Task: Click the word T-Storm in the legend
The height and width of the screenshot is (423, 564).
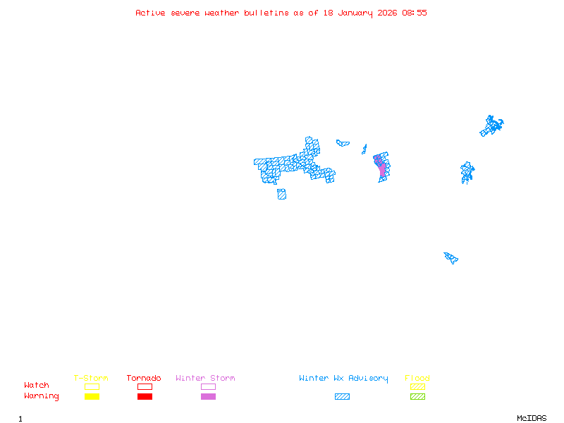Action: point(91,379)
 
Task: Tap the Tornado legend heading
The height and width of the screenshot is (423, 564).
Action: point(144,379)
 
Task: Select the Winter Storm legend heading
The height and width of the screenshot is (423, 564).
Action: point(205,379)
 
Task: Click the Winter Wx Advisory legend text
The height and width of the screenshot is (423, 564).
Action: point(343,379)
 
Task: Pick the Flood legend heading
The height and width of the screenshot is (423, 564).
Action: point(417,379)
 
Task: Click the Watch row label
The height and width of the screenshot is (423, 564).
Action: point(37,386)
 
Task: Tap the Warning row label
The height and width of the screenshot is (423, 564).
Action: point(42,396)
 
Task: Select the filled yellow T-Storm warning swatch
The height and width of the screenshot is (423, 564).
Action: point(92,397)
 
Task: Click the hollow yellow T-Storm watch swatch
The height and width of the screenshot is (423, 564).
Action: point(92,386)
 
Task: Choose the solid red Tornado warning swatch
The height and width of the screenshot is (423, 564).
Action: point(145,397)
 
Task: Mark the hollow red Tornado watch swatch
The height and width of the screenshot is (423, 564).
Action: point(145,386)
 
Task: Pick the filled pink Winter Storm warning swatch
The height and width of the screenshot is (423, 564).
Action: point(208,397)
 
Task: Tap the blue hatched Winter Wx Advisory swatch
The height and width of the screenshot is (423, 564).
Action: point(342,397)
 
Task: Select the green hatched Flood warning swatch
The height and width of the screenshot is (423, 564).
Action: point(417,397)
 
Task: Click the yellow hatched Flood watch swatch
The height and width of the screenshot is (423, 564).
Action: point(417,386)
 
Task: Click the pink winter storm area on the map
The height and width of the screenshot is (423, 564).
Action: point(382,169)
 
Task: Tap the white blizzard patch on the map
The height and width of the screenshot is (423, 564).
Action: point(289,160)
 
